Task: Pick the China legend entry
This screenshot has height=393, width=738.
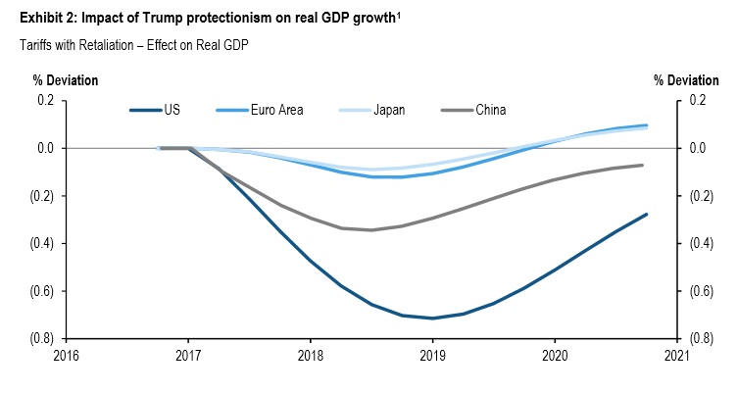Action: [x=489, y=110]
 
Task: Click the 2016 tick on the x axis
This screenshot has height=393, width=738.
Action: [x=67, y=355]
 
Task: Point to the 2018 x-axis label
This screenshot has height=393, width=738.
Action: [x=311, y=355]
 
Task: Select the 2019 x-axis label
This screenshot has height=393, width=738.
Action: [x=433, y=355]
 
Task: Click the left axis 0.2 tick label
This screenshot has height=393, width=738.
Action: [x=45, y=101]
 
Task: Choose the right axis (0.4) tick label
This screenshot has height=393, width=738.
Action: [x=702, y=244]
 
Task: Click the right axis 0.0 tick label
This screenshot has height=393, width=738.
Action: [x=698, y=149]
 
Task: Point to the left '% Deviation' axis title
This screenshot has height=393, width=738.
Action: [x=67, y=79]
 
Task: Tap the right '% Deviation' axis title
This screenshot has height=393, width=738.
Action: [x=686, y=79]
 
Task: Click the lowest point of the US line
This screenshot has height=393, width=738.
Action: [x=432, y=318]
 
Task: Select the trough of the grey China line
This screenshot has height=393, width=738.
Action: [x=370, y=230]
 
